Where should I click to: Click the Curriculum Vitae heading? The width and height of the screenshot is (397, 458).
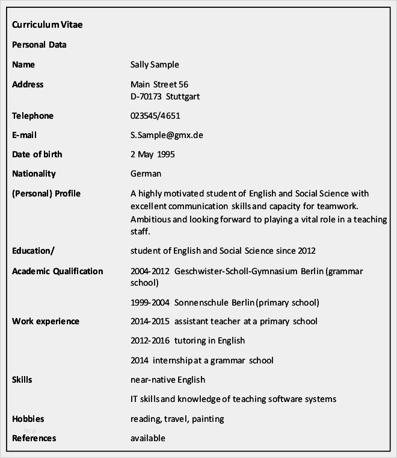[48, 25]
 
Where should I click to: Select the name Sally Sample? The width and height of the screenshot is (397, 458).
[155, 64]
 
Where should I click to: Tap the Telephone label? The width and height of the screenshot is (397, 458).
[32, 116]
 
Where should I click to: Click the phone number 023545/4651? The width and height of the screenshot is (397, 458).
[155, 116]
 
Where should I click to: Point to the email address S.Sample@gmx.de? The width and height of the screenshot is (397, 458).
[167, 135]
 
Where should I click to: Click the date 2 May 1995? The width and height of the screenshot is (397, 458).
[153, 154]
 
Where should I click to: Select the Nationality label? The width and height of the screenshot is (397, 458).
[34, 174]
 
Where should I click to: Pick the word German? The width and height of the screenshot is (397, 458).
[146, 174]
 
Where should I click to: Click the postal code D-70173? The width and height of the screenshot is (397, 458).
[146, 96]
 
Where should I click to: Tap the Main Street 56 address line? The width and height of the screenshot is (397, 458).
[159, 84]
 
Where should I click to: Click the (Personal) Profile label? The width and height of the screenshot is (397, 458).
[46, 193]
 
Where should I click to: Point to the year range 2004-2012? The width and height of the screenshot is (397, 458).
[150, 271]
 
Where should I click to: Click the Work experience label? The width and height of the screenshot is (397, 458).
[46, 321]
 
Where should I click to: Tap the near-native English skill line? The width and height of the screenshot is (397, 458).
[168, 380]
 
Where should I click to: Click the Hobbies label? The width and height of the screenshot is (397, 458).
[28, 418]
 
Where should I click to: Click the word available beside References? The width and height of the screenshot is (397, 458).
[147, 438]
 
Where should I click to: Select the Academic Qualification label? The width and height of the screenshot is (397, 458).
[58, 271]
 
